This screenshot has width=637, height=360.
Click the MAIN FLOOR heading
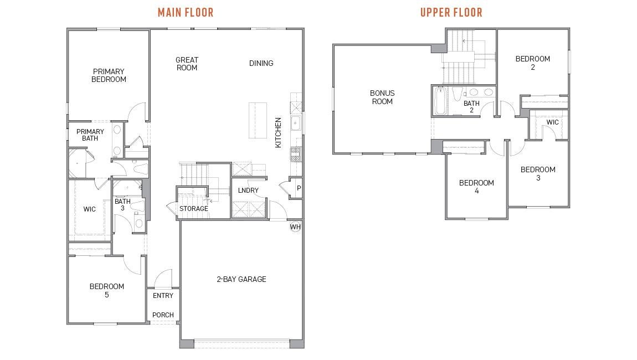coord(186,13)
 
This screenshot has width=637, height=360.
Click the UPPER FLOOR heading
coord(451,13)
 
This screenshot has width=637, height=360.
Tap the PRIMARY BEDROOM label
coord(109,75)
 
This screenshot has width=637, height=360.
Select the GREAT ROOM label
coord(187,64)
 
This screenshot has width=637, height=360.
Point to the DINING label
coord(261,63)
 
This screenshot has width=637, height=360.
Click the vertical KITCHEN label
coord(278,132)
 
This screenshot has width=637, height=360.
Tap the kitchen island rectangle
coord(258,120)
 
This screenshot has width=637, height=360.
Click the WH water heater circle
coord(295,227)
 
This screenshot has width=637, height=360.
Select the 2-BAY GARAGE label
coord(242,279)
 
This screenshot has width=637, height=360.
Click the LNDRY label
coord(248,190)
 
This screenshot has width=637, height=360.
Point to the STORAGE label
coord(194,208)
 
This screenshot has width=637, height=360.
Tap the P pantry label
coord(299,188)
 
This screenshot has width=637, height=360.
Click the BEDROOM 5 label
coord(107,291)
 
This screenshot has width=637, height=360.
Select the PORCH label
coord(163,315)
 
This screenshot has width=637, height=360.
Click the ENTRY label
coord(163,295)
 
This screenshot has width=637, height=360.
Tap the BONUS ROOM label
coord(382,97)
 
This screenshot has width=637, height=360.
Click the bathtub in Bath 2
coord(440,101)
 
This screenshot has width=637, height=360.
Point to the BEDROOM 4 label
coord(476,187)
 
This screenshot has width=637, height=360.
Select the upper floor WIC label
coord(552,122)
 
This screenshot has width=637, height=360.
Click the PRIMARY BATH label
coord(90,135)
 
